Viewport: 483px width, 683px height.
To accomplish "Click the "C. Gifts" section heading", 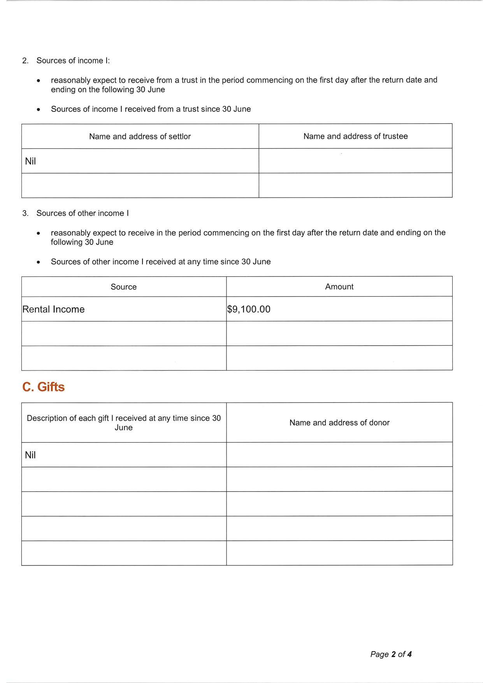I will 44,387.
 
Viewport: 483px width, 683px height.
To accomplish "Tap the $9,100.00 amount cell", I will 249,309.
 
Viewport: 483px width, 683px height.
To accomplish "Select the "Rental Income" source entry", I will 53,309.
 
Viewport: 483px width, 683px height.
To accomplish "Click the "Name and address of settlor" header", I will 140,137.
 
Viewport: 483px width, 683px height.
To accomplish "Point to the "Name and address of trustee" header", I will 355,136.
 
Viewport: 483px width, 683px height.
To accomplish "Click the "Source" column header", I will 123,287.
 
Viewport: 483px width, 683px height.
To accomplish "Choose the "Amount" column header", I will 339,287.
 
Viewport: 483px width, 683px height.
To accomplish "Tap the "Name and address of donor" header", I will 339,423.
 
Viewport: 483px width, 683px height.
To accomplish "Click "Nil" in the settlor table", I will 30,161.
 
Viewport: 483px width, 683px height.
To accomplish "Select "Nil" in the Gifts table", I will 30,455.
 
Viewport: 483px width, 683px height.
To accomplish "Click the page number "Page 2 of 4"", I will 391,654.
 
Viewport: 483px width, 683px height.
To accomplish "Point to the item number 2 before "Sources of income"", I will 25,61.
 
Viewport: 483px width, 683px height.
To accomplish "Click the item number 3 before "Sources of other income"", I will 25,213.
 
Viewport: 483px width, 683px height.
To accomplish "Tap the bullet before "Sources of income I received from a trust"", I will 38,110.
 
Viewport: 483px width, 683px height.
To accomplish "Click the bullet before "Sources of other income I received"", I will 38,262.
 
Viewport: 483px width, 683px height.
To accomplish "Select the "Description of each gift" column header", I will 123,423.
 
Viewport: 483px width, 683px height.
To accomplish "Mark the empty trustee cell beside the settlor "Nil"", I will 355,161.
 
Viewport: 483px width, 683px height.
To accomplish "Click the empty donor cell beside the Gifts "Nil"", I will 339,455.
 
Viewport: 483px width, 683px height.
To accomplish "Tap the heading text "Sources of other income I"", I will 83,213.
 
